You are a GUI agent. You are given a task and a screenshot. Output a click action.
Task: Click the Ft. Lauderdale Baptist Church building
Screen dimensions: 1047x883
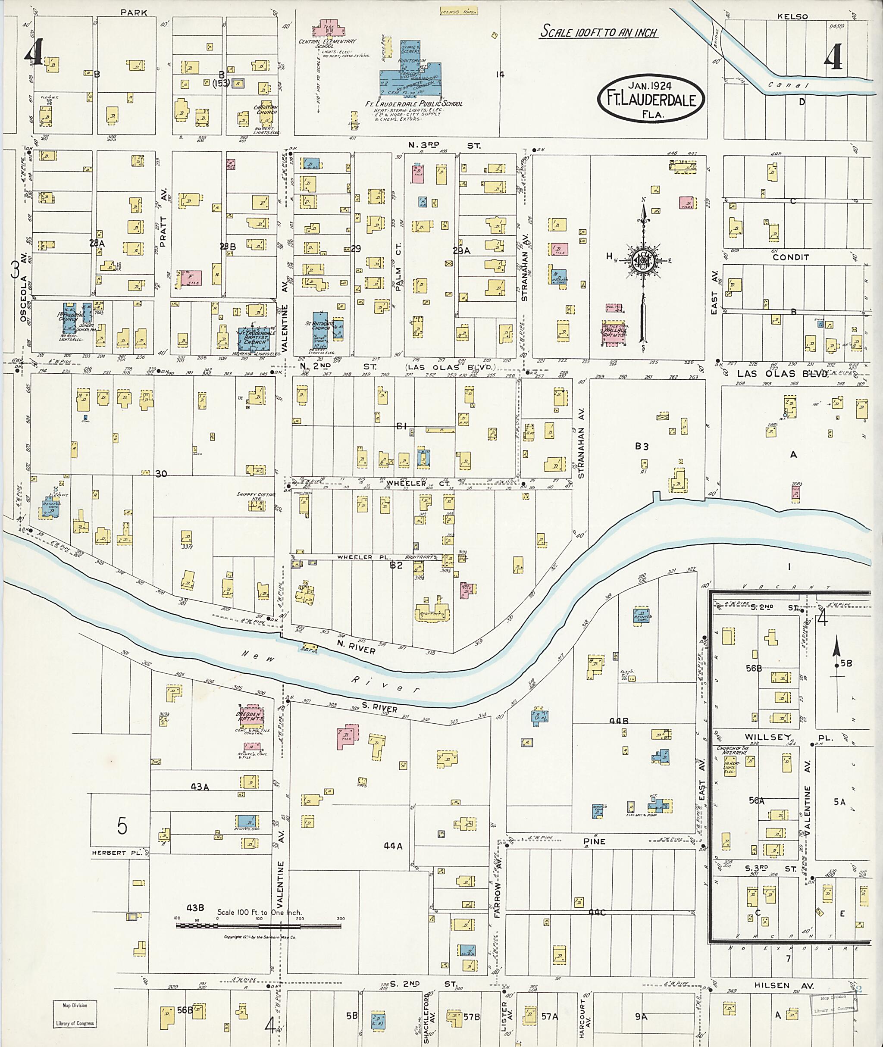pos(256,340)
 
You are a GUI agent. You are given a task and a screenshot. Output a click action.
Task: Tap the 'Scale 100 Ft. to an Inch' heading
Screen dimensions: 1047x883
pos(599,32)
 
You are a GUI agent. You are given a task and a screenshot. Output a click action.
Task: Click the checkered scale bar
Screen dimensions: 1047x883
pos(258,926)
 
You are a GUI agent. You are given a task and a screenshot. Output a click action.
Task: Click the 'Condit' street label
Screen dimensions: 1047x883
pos(790,257)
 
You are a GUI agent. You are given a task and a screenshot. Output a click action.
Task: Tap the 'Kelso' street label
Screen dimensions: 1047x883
pos(792,16)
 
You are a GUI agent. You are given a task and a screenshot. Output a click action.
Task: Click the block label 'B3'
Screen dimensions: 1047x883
pos(642,447)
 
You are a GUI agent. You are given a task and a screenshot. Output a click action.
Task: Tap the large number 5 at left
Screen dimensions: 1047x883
pos(122,826)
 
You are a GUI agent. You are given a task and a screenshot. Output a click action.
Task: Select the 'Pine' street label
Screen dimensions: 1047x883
pos(594,842)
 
